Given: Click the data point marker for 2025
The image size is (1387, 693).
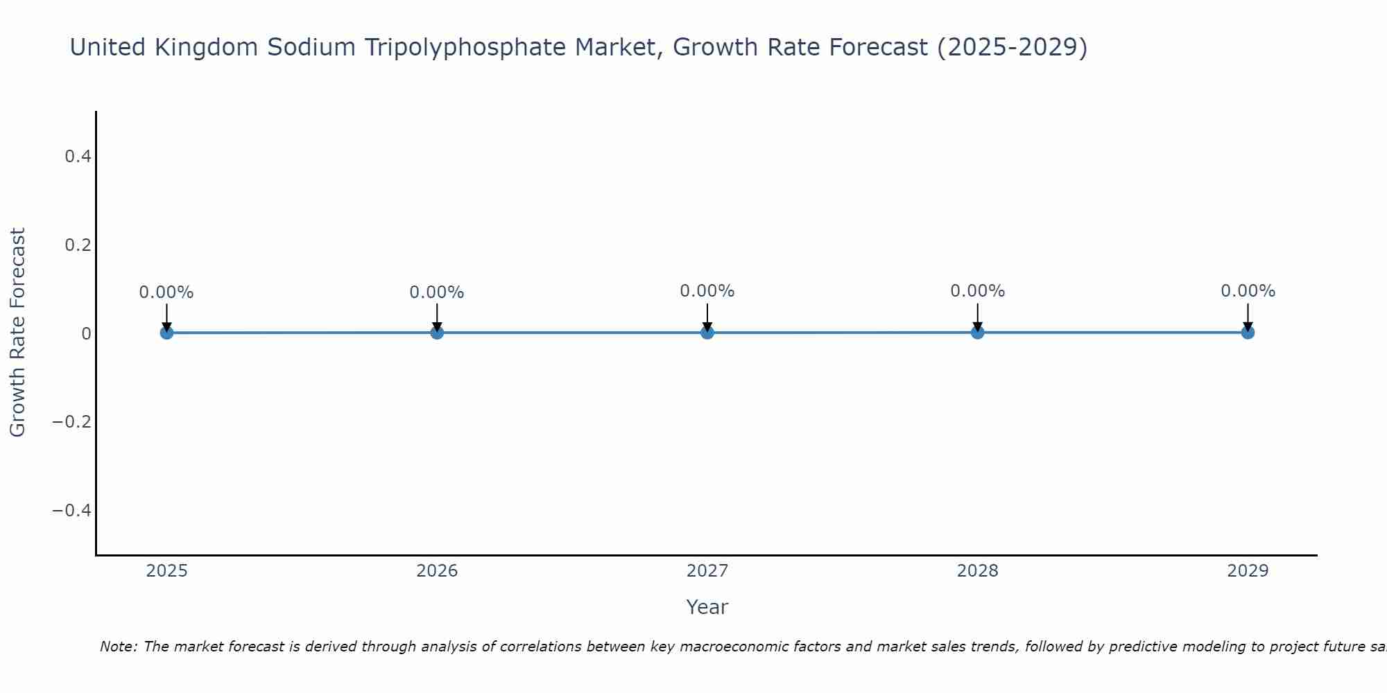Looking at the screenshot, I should tap(166, 333).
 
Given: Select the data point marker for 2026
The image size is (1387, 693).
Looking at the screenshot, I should tap(437, 333).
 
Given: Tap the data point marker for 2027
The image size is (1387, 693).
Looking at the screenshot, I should tap(707, 333).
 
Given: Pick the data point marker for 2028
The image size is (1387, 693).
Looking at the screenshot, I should tap(978, 333).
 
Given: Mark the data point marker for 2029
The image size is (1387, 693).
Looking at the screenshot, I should tap(1248, 333).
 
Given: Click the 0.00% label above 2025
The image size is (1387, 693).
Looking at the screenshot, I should tap(166, 292).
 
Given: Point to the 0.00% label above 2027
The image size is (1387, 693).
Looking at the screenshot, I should tap(707, 291).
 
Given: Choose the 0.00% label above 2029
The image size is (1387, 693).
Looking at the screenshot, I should tap(1248, 291).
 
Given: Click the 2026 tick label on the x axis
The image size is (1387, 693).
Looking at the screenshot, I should tap(437, 571).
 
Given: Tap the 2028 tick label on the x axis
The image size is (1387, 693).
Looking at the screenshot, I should tap(978, 571).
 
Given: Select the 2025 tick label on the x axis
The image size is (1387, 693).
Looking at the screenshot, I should tap(166, 571).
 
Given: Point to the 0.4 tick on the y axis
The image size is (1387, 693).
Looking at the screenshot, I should tap(78, 157).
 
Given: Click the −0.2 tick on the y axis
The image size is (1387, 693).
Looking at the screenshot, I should tap(72, 422).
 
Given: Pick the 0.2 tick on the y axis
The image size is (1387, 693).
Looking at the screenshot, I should tap(78, 245).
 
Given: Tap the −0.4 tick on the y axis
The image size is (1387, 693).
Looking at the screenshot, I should tap(72, 511).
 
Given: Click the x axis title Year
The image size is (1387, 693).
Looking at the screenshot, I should tap(707, 607).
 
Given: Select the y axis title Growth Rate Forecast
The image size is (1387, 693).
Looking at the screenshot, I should tap(18, 333).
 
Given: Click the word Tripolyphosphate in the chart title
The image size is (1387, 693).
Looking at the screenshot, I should tap(451, 48).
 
